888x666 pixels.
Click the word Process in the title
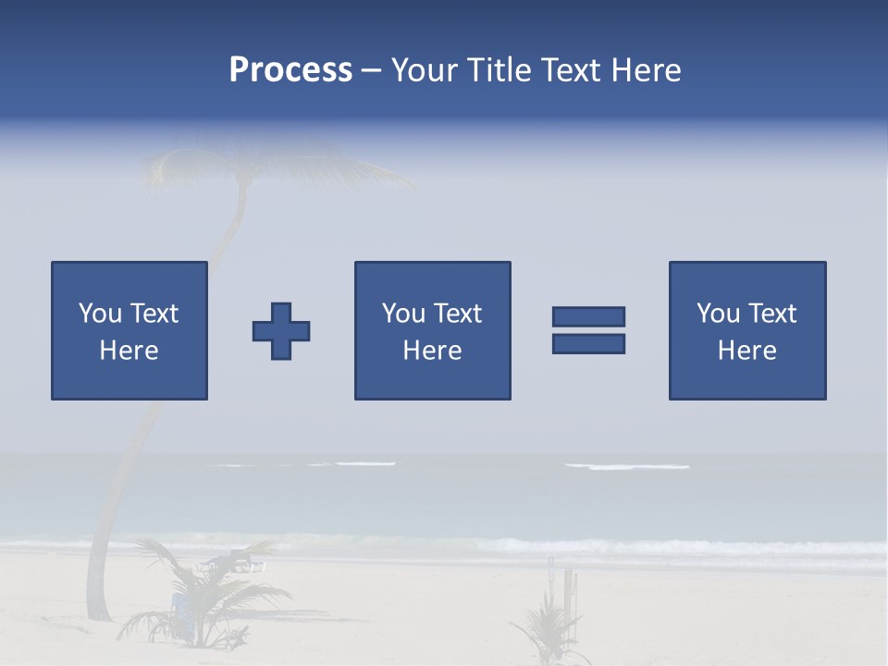[x=290, y=70]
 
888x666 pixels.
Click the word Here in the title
[x=647, y=70]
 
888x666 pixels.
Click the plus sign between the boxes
[x=281, y=331]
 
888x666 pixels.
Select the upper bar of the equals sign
[x=588, y=316]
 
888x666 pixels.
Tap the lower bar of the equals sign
[x=588, y=343]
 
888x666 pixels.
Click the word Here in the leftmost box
[x=129, y=351]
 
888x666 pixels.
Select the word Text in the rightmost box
[x=773, y=314]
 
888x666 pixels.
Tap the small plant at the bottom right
[x=550, y=629]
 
